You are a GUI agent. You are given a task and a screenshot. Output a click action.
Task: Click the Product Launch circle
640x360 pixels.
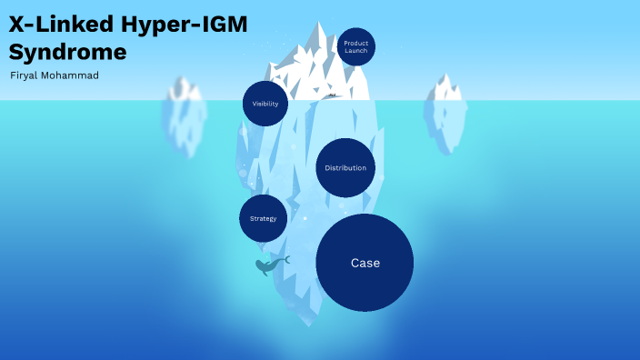tap(355, 46)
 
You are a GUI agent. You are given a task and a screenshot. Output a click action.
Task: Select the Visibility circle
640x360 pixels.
tap(265, 104)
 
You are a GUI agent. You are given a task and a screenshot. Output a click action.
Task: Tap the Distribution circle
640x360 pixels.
tap(345, 168)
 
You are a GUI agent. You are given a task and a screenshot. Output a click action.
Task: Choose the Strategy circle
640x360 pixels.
tap(263, 219)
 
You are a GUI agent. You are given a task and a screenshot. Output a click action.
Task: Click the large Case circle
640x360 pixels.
tap(365, 263)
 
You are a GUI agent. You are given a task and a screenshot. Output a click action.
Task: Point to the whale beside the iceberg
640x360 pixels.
tap(269, 265)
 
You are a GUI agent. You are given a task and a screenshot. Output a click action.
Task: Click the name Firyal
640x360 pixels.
tap(25, 75)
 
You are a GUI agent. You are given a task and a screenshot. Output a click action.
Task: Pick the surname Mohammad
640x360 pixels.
tap(72, 75)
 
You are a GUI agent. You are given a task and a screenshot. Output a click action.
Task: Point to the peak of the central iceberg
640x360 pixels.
tap(319, 24)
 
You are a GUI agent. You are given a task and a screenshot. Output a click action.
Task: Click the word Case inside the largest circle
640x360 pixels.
tap(365, 263)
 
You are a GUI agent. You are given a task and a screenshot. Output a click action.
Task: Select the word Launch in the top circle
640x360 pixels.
tap(355, 51)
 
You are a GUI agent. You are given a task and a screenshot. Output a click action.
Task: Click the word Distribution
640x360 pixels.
tap(345, 168)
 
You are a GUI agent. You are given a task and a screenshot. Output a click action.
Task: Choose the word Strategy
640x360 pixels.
tap(263, 219)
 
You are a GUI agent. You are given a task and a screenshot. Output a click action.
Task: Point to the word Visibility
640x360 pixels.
tap(265, 104)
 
